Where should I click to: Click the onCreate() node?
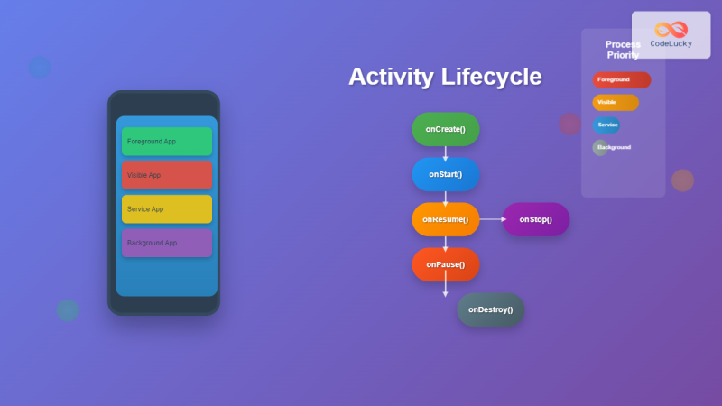[x=445, y=129]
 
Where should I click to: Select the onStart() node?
[x=445, y=174]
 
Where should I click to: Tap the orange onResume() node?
[x=445, y=219]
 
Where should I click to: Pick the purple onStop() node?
[x=535, y=219]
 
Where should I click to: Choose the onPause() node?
[x=445, y=264]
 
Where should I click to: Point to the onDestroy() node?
[x=490, y=309]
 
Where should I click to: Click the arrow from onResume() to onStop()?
[x=491, y=219]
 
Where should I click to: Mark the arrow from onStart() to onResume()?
[x=445, y=197]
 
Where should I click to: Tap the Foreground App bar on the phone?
[x=167, y=142]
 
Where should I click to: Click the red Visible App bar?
[x=167, y=175]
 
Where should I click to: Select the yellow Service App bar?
[x=167, y=208]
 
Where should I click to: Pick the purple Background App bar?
[x=167, y=243]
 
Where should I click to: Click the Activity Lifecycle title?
[x=445, y=77]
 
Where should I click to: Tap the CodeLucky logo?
[x=671, y=34]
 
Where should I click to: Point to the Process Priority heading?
[x=623, y=50]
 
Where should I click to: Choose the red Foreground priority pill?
[x=621, y=79]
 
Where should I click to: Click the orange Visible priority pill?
[x=616, y=102]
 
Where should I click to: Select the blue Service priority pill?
[x=606, y=125]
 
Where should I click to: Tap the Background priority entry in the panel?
[x=612, y=147]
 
